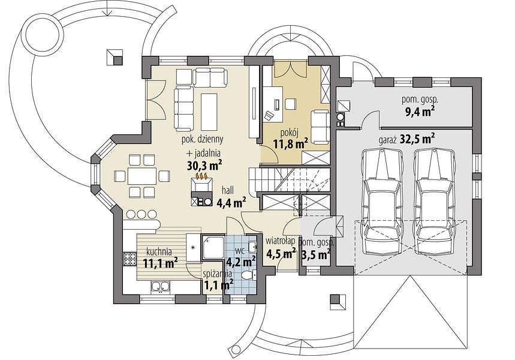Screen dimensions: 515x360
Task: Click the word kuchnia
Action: (159, 252)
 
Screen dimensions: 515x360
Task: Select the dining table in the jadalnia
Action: (142, 176)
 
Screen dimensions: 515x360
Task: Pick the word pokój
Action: (290, 133)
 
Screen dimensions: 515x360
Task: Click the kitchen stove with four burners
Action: (129, 259)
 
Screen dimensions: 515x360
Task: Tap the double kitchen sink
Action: (160, 287)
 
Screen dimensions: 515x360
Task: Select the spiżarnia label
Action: (218, 273)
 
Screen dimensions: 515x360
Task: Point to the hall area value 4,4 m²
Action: (232, 203)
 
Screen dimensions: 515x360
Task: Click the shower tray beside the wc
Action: (212, 247)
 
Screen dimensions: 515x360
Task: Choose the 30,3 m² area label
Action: (204, 165)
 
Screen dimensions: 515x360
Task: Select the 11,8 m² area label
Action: (290, 143)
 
